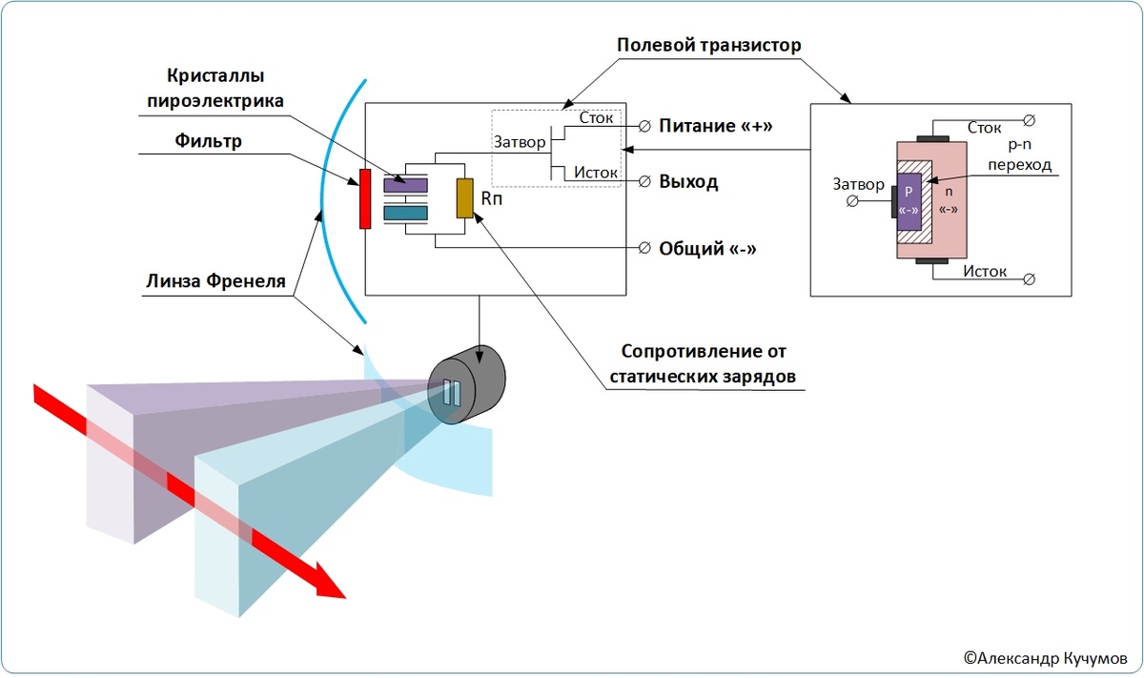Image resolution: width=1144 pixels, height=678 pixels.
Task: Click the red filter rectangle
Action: click(x=364, y=199)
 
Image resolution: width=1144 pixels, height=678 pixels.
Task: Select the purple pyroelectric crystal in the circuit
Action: click(x=405, y=181)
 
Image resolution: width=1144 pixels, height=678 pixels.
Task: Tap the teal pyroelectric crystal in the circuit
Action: click(x=405, y=213)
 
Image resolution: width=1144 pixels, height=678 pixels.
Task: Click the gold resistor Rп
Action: click(x=465, y=197)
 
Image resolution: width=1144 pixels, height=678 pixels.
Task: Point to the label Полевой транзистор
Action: click(x=708, y=45)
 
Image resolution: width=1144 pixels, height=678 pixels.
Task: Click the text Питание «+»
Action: click(x=715, y=126)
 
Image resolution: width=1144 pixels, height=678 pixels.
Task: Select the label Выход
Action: click(x=688, y=181)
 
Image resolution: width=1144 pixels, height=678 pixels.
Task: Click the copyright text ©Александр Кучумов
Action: click(x=1044, y=657)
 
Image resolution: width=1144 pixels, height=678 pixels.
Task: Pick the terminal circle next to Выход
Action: click(x=644, y=181)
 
